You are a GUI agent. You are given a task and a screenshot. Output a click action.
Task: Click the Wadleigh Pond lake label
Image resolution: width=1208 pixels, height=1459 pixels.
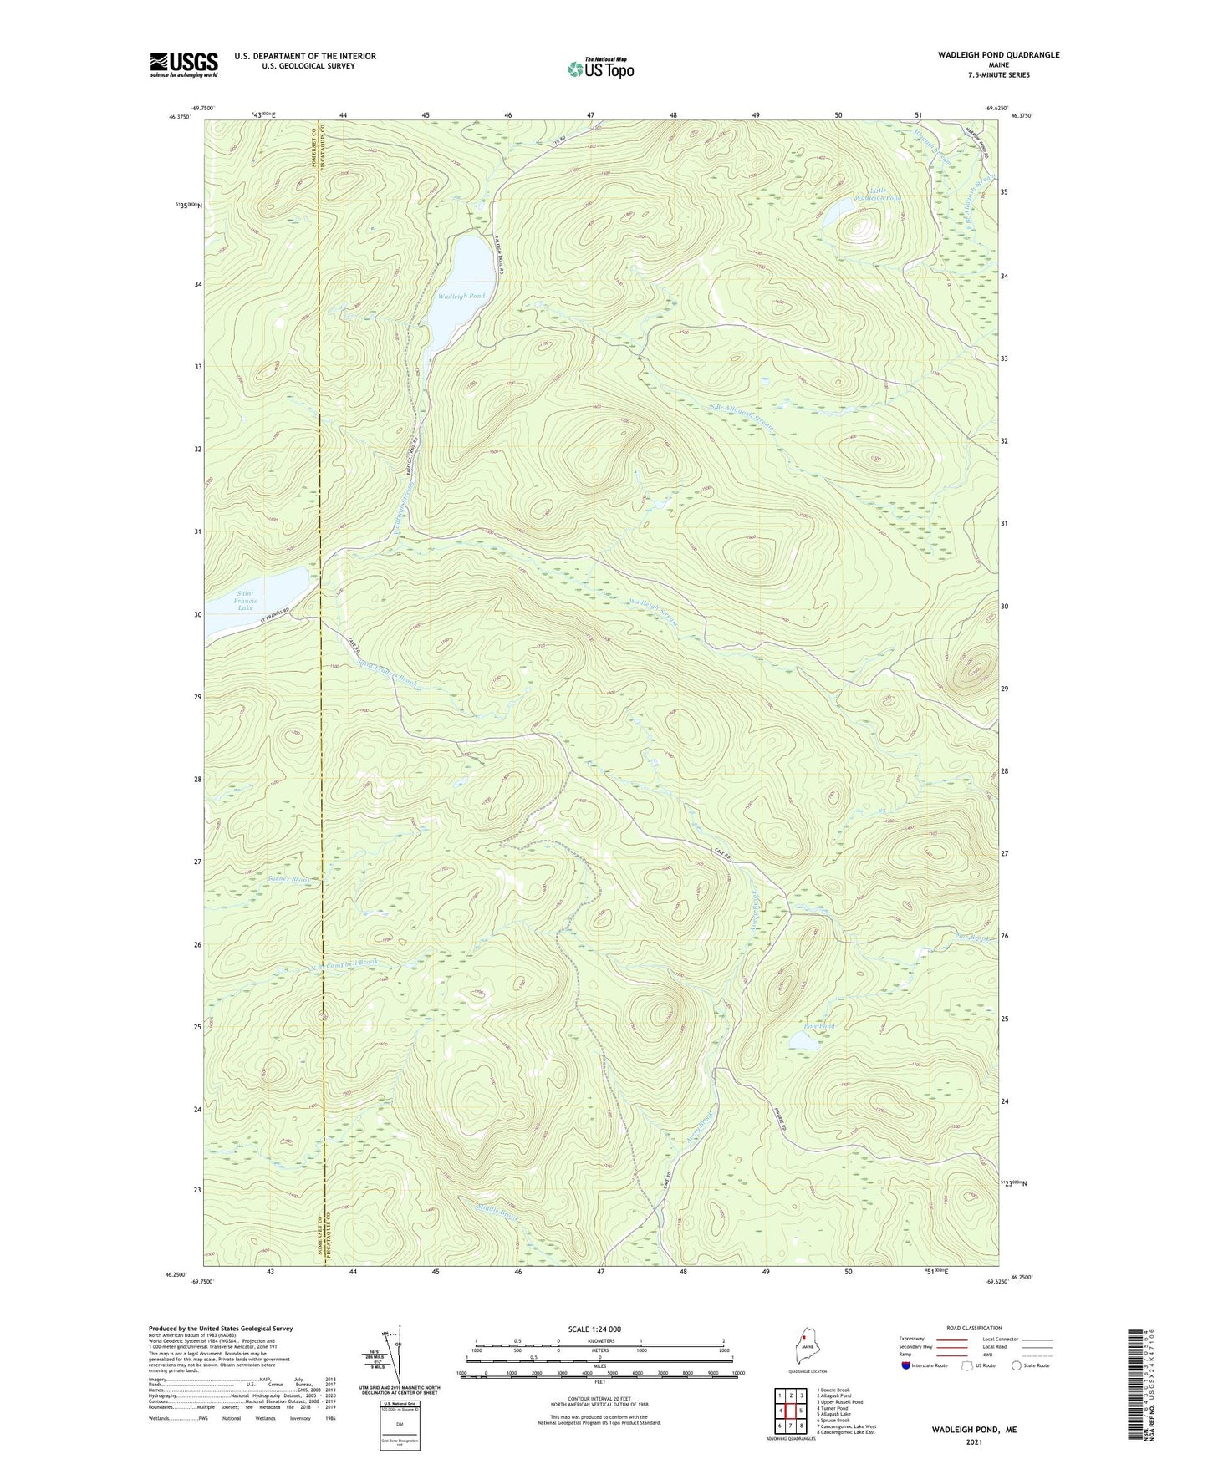click(461, 296)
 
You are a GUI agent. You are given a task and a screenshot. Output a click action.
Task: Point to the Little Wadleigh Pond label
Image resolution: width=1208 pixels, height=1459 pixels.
click(884, 194)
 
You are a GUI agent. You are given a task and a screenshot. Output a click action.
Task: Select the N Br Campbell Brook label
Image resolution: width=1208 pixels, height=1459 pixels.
click(345, 963)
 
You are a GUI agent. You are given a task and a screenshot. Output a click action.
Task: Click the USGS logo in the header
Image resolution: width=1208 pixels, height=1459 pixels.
click(183, 64)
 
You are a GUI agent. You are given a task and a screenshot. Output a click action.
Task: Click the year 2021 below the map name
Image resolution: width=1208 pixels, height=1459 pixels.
click(974, 1441)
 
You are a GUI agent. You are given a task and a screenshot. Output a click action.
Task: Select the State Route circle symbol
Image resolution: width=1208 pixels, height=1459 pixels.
click(1017, 1365)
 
